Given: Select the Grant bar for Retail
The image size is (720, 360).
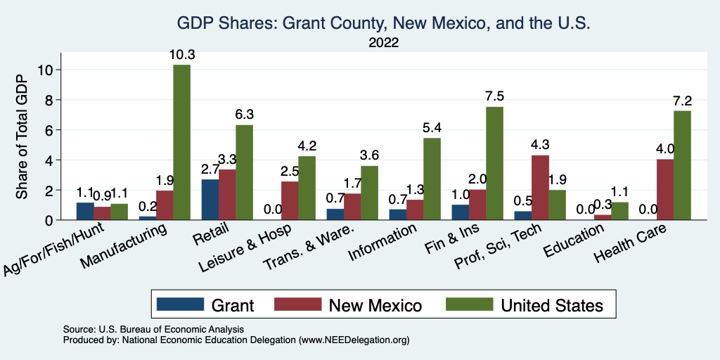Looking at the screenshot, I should pos(210,200).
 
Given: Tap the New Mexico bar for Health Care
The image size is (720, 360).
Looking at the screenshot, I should pos(665,190).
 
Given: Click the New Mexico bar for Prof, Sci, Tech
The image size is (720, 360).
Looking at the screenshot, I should pos(540,187).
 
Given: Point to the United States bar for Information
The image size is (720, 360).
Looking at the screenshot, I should pos(432,179).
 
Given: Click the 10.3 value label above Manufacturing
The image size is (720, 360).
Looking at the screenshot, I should pos(181,54).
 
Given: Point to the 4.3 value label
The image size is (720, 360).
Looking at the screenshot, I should pos(540,145).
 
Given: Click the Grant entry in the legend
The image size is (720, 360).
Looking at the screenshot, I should pos(205,305).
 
